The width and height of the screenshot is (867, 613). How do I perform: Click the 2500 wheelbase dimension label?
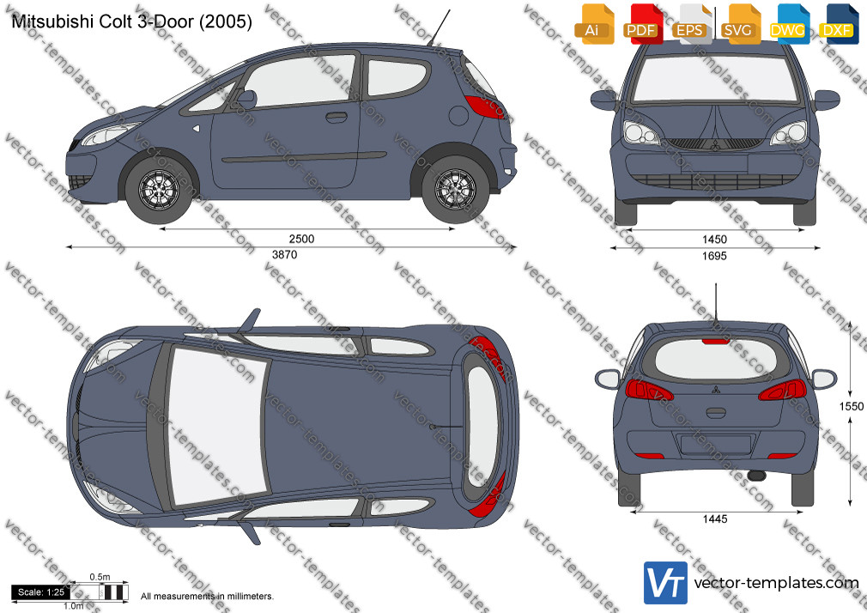pos(301,239)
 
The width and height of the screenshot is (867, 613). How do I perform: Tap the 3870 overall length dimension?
pos(284,255)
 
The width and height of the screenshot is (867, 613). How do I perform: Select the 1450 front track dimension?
pos(714,240)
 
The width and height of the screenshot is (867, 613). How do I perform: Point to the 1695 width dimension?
pos(714,256)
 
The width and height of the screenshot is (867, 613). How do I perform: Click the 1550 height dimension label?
pos(852,407)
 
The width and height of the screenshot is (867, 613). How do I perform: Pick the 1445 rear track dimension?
pos(715,519)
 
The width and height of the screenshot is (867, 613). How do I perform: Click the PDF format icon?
pos(641,24)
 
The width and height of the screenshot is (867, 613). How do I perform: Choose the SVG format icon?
pos(739,24)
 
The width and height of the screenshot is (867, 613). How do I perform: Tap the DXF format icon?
pos(839,24)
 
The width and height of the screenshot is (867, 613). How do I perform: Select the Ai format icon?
pos(594,24)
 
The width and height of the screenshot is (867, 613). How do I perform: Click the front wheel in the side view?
pos(160,190)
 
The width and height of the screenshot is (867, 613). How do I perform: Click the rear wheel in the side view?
pos(455,190)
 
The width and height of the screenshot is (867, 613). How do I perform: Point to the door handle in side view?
pos(336,118)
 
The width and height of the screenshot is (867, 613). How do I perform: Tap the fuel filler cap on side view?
pos(458,116)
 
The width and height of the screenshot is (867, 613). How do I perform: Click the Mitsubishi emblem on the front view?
pos(714,146)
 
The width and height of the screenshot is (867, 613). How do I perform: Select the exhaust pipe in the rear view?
pos(756,476)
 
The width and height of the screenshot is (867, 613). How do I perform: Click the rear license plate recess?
pos(715,445)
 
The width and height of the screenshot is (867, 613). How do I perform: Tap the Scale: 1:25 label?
pos(41,592)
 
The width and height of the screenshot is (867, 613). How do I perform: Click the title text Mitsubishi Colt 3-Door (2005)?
pos(131,21)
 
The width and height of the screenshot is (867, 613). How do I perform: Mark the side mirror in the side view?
pos(246,100)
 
